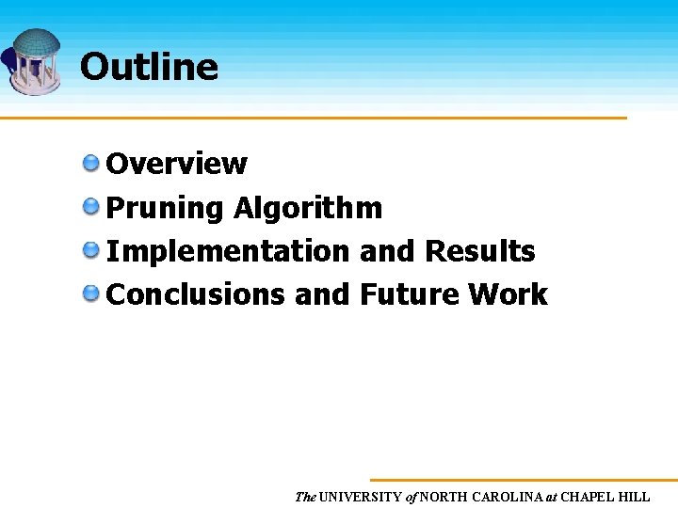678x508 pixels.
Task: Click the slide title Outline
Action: pos(149,67)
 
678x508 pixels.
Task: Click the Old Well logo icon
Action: pos(34,61)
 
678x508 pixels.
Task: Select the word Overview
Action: pos(177,164)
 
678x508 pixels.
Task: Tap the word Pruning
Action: pos(165,208)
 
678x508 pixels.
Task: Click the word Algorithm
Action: pos(308,208)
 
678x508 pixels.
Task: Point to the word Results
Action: pos(480,251)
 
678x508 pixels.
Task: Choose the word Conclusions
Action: pos(196,294)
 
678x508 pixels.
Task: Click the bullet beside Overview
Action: pos(91,164)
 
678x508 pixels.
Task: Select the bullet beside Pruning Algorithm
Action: pos(91,207)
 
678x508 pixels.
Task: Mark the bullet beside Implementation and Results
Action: pos(91,250)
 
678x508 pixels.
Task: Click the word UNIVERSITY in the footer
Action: pos(360,497)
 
